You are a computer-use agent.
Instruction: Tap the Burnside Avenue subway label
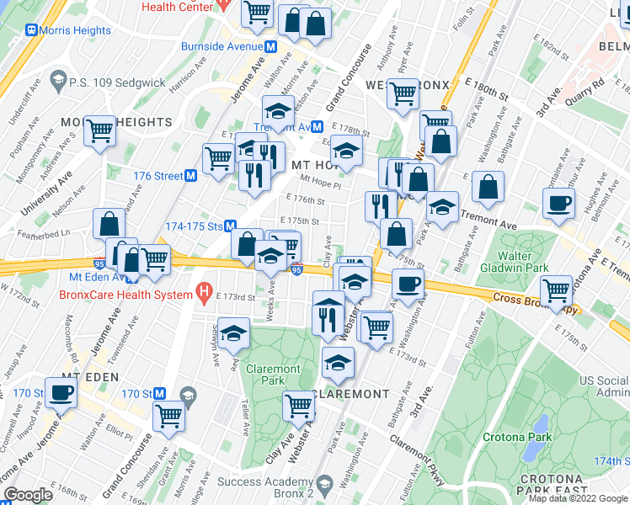(x=222, y=47)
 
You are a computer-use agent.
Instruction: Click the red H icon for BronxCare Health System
(x=202, y=293)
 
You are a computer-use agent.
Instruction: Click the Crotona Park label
(x=517, y=437)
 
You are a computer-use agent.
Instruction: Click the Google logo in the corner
(x=29, y=495)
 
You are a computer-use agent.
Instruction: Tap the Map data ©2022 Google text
(x=577, y=498)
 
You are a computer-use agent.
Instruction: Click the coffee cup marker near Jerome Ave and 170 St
(x=61, y=392)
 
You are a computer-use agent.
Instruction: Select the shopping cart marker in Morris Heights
(x=99, y=131)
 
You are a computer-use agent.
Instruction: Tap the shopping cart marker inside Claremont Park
(x=299, y=406)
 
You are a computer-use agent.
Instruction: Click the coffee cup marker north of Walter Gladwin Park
(x=558, y=203)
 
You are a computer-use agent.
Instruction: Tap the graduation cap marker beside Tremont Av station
(x=277, y=109)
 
